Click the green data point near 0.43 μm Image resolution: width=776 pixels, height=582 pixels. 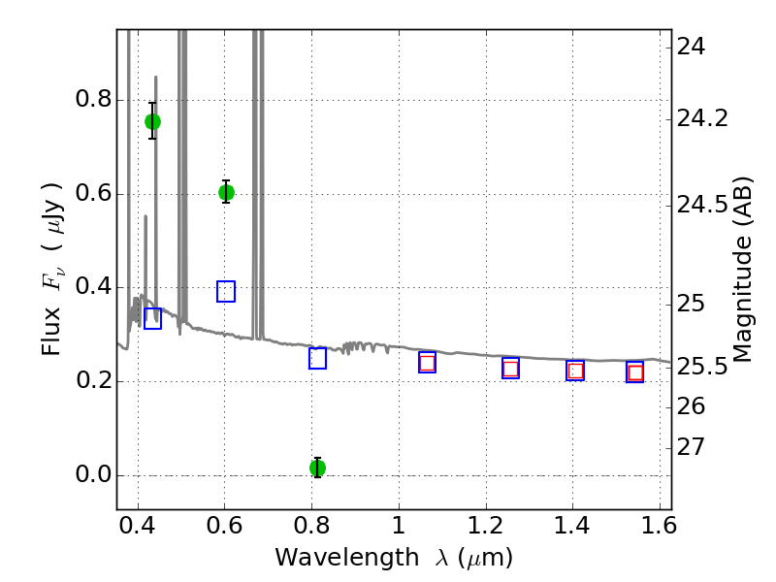click(x=152, y=121)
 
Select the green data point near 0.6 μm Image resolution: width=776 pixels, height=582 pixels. click(x=226, y=192)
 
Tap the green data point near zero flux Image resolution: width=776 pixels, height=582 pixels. click(x=318, y=468)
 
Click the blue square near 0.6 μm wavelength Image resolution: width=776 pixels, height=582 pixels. click(x=226, y=291)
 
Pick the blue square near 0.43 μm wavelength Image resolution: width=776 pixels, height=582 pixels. click(x=152, y=318)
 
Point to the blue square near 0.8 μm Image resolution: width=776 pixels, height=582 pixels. click(x=317, y=358)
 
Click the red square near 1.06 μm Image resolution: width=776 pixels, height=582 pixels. click(x=427, y=363)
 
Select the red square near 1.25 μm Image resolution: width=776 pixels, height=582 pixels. click(x=511, y=369)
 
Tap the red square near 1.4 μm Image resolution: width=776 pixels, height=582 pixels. click(x=575, y=371)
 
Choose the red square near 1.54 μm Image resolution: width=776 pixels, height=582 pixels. click(x=635, y=372)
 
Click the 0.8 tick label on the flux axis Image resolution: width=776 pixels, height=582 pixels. click(x=93, y=100)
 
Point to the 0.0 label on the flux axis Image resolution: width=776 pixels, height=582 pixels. click(x=93, y=474)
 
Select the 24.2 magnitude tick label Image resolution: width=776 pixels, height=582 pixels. click(x=702, y=118)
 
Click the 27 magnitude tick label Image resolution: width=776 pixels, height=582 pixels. click(x=691, y=447)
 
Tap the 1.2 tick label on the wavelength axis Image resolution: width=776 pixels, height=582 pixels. click(x=486, y=526)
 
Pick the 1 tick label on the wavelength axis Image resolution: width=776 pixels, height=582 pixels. click(x=399, y=526)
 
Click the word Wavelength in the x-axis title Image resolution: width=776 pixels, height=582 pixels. click(x=347, y=558)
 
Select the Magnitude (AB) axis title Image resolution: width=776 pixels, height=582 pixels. click(x=741, y=270)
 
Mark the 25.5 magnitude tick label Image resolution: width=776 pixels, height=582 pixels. click(x=702, y=368)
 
